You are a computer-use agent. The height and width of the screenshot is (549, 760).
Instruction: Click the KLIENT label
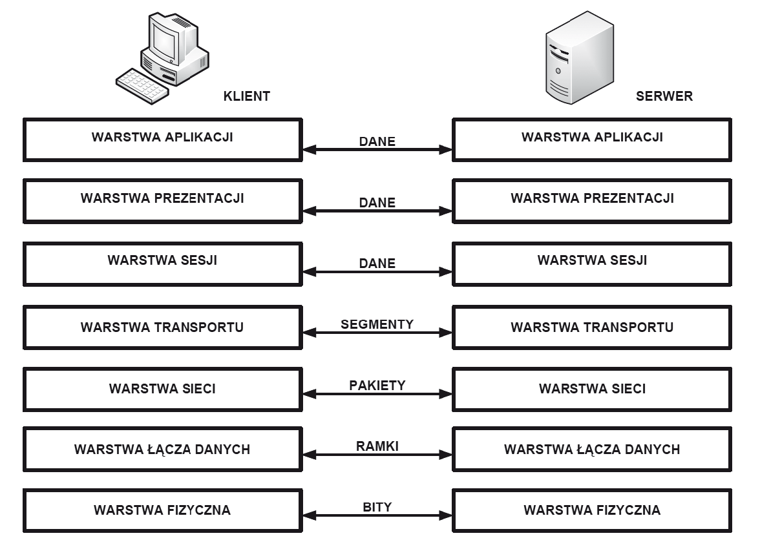[x=246, y=96]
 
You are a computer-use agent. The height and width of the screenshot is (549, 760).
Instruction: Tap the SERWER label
[x=664, y=96]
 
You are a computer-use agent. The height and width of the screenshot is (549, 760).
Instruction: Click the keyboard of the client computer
[x=142, y=87]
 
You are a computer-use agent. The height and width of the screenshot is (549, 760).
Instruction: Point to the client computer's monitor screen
[x=164, y=41]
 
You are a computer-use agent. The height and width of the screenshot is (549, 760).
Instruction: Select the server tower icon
[x=579, y=57]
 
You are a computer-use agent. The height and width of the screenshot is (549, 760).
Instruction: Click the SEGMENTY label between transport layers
[x=377, y=324]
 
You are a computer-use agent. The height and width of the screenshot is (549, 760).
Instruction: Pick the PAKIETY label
[x=377, y=385]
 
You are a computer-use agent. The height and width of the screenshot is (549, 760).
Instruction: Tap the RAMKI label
[x=377, y=446]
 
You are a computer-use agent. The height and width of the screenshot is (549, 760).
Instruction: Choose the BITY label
[x=377, y=507]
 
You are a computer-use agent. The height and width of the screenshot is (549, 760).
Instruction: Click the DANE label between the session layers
[x=377, y=263]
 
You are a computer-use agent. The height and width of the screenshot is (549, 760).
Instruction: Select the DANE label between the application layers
[x=377, y=141]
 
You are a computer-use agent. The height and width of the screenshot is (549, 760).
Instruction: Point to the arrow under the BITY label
[x=377, y=515]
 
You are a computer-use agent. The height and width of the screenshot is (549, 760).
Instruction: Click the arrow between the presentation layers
[x=377, y=211]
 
